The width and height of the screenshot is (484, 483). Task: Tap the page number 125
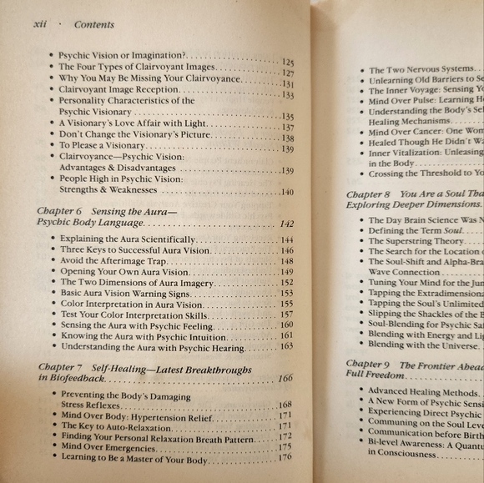[288, 62]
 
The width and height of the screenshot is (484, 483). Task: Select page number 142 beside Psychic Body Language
[288, 224]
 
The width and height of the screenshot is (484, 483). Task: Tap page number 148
[286, 261]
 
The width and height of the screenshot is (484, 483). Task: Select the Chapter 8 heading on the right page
[368, 194]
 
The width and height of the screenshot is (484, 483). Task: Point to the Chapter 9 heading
[368, 365]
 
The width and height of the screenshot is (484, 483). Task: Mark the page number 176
[285, 457]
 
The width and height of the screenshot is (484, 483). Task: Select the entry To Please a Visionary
[102, 145]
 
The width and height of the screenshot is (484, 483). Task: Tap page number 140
[287, 193]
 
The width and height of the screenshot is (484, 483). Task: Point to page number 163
[286, 346]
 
